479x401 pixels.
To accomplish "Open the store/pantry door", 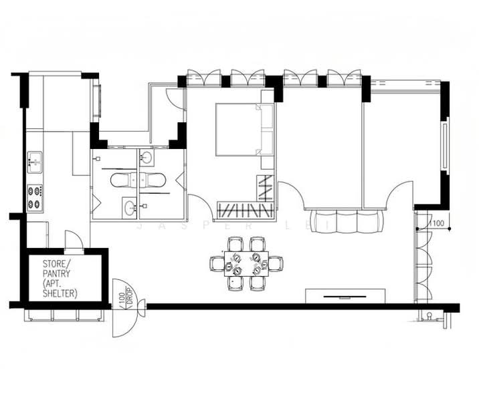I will pos(74,240).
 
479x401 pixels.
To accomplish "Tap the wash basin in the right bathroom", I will pos(147,158).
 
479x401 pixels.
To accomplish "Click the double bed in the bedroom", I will pos(237,130).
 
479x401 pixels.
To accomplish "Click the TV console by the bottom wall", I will pos(347,295).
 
